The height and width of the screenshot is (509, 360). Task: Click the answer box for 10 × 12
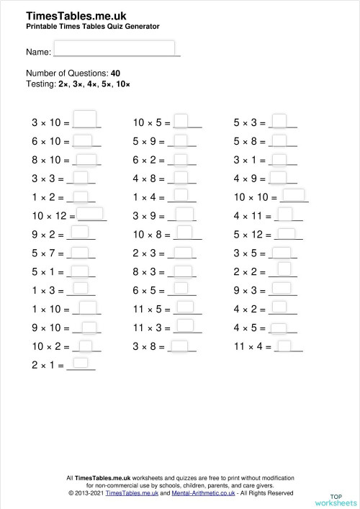coord(91,214)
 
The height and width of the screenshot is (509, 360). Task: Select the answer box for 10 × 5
coord(182,120)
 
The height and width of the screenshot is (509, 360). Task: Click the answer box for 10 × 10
coord(296,195)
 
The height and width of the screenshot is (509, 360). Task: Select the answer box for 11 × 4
coord(284,346)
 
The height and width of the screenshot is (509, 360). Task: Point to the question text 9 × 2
coord(43,234)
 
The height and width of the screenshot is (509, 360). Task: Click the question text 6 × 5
coord(146,290)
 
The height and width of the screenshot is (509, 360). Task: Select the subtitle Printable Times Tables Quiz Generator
coord(92,27)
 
